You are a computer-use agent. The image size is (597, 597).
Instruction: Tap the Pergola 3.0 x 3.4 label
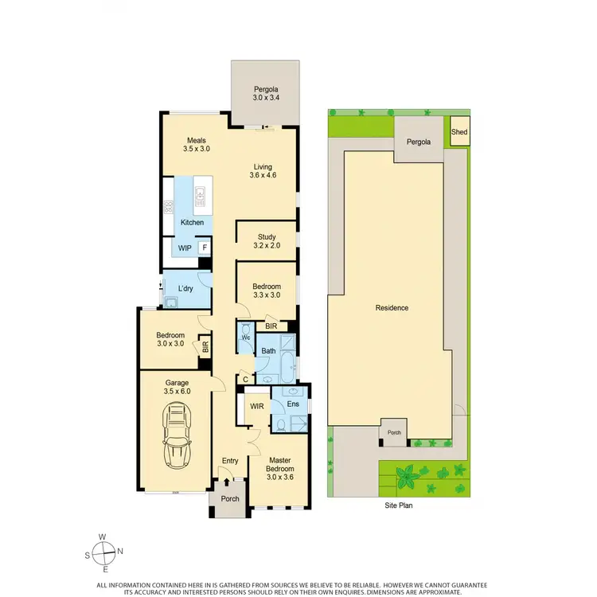(265, 93)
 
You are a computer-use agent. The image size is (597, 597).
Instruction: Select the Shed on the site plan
(459, 134)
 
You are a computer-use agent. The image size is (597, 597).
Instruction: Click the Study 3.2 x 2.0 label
(266, 241)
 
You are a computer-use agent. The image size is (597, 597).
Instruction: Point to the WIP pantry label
(185, 248)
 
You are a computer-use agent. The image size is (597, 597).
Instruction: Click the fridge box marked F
(205, 248)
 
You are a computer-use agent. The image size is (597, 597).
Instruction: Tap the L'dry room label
(186, 287)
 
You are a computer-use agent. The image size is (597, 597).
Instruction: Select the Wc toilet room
(245, 338)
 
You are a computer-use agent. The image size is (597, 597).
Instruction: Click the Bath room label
(269, 350)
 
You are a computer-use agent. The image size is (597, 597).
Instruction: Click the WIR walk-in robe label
(257, 406)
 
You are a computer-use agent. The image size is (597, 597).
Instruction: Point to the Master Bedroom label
(279, 464)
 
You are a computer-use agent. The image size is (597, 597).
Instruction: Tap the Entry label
(230, 460)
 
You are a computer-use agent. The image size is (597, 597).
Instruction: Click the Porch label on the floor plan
(230, 499)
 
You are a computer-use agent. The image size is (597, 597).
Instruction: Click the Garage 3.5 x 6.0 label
(177, 387)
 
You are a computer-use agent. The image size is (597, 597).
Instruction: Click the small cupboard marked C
(246, 380)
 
